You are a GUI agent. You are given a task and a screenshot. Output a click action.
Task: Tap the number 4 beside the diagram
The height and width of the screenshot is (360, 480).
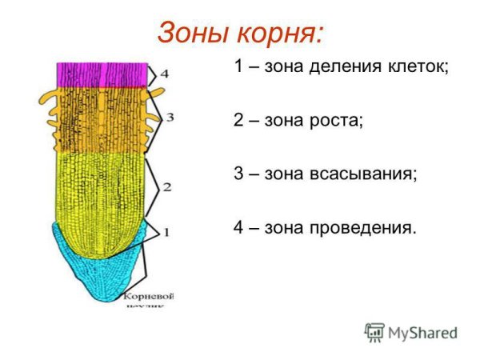[164, 74]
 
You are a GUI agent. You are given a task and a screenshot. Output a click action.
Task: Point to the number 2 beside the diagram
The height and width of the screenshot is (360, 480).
[167, 187]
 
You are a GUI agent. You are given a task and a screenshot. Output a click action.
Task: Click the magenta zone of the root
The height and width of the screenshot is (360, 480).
[102, 74]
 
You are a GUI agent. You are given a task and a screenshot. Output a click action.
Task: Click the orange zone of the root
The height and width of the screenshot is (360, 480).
[102, 120]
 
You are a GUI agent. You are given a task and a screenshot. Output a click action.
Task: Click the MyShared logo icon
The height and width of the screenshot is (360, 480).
[374, 332]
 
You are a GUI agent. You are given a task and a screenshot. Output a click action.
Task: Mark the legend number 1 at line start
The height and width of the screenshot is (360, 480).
[239, 67]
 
